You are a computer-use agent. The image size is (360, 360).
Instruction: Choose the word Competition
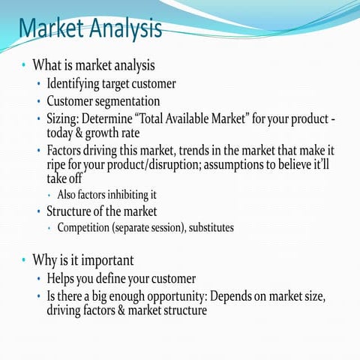pyautogui.click(x=88, y=227)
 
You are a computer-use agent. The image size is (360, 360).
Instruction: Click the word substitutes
pyautogui.click(x=206, y=227)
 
